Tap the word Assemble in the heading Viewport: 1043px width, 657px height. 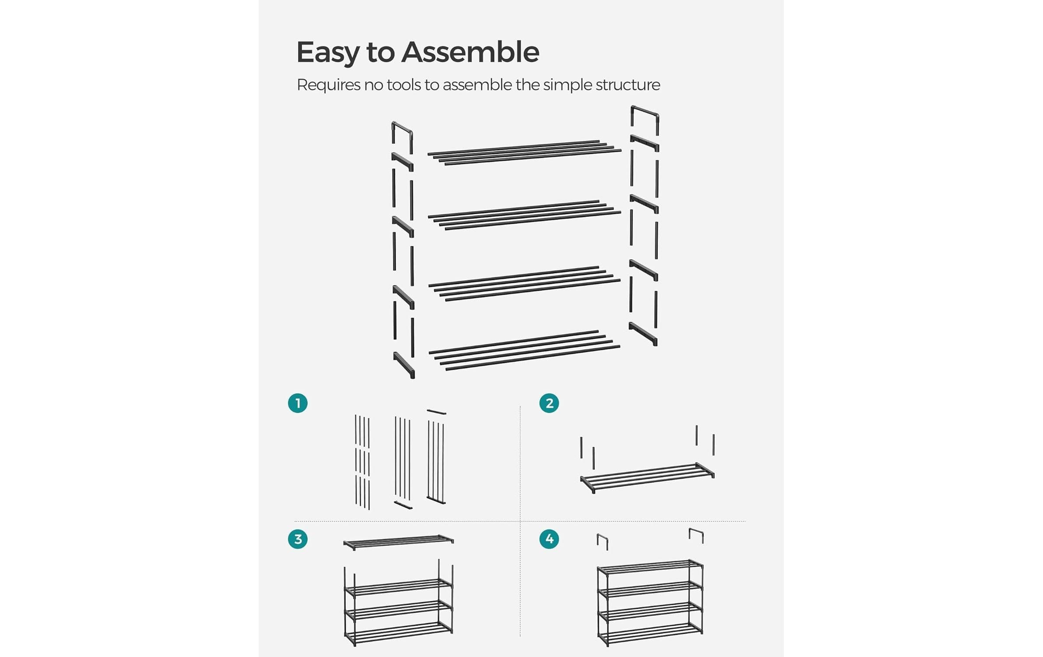(470, 52)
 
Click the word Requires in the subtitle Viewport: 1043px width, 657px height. (328, 85)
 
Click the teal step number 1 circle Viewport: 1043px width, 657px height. (298, 403)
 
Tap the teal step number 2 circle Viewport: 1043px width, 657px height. (549, 403)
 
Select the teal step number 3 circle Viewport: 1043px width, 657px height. (298, 539)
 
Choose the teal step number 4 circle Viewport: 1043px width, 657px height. (549, 539)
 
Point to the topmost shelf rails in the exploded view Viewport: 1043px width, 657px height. (524, 152)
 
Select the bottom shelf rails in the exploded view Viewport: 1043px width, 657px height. (524, 350)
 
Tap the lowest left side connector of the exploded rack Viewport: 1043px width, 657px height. (404, 364)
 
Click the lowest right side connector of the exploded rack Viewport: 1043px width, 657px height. (643, 334)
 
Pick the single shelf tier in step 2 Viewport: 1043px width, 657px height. (647, 478)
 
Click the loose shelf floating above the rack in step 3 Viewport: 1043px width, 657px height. (398, 542)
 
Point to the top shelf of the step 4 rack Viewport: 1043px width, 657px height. (650, 567)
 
